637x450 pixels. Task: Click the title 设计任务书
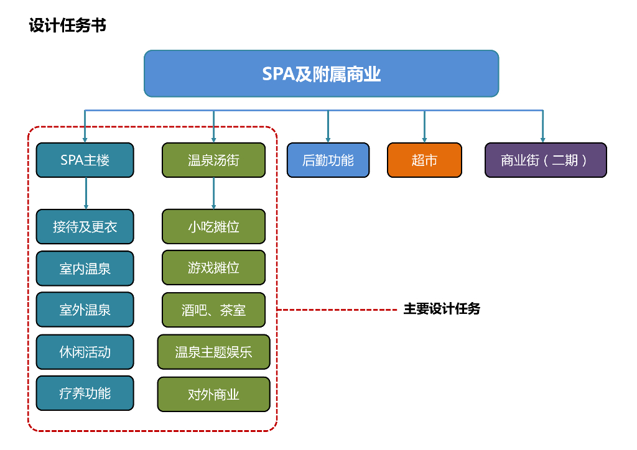67,25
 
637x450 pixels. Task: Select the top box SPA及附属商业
321,74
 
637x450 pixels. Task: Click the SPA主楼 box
85,160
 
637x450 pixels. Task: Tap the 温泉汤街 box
213,160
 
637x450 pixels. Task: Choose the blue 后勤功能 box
328,160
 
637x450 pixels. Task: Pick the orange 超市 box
424,160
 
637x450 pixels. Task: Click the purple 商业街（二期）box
545,160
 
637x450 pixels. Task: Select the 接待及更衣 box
85,226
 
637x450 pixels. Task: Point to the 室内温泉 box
85,268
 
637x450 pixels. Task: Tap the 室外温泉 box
85,310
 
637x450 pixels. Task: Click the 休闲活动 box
85,351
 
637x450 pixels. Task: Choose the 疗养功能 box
85,393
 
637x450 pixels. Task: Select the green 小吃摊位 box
213,226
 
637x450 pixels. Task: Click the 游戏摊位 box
213,268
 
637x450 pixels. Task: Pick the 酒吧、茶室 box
213,310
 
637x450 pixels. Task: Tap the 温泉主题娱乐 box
213,352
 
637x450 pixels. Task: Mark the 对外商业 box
213,394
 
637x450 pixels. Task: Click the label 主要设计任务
442,309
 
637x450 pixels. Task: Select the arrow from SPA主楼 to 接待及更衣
86,193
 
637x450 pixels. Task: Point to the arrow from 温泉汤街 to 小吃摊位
213,193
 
